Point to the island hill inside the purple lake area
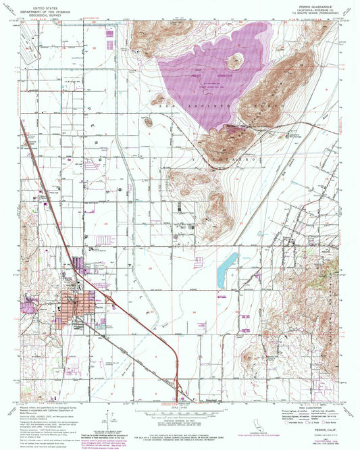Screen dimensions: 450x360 click(236, 61)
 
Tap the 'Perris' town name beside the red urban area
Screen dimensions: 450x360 click(99, 307)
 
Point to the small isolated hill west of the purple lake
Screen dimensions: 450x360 click(147, 122)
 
